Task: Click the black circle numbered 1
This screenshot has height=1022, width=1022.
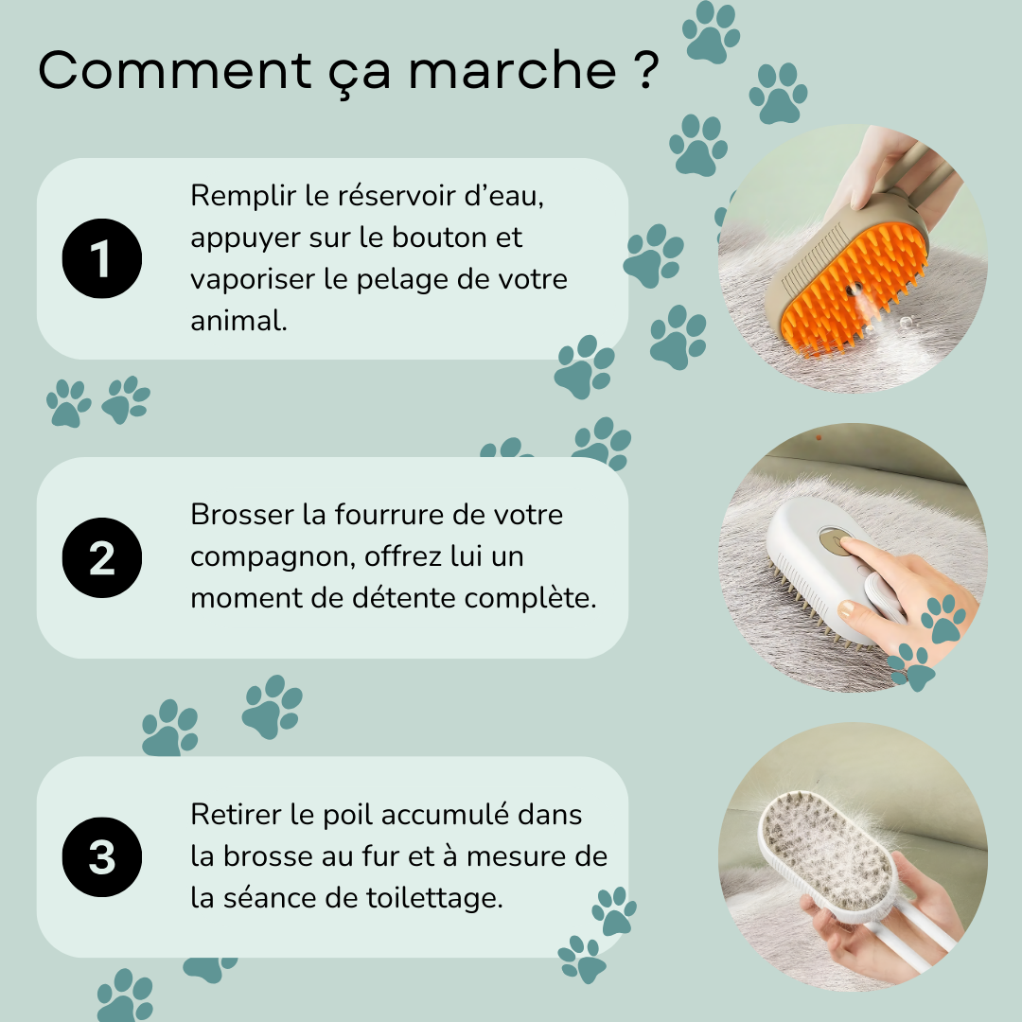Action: click(101, 258)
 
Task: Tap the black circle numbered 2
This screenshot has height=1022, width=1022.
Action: click(101, 558)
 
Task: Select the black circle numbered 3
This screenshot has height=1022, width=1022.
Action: click(101, 857)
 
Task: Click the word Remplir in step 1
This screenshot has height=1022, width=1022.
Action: click(242, 197)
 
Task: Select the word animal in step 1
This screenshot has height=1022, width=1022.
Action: click(237, 321)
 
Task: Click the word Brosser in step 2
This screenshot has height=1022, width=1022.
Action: click(242, 515)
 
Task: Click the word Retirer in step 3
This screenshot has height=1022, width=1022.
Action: click(236, 815)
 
